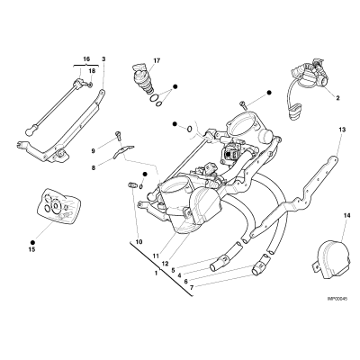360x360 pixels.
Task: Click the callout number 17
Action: pos(157,61)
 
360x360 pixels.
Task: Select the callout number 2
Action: pos(337,98)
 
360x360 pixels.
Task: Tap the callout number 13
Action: pos(342,130)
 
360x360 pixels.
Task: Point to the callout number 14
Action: pos(347,215)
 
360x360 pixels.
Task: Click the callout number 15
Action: pos(31,249)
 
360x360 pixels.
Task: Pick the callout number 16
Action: pos(86,58)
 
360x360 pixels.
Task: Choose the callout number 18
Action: pos(92,71)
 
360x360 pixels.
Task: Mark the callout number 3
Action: pos(103,58)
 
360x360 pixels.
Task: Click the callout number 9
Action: pos(94,151)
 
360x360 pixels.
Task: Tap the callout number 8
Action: pos(94,168)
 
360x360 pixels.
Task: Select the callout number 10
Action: pos(139,242)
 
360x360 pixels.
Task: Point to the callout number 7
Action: pos(192,287)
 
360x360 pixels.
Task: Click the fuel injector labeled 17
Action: pos(144,79)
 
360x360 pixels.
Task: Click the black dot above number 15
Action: pos(32,242)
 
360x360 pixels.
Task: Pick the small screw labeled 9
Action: pos(118,136)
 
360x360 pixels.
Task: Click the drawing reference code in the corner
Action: pos(337,299)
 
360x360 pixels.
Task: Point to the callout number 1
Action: pos(156,274)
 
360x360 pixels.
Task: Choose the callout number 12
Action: pos(166,264)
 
